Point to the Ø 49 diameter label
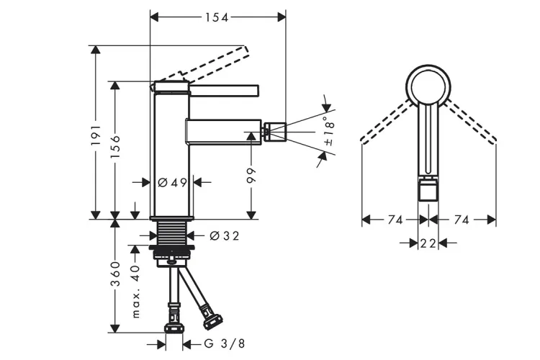coord(172,183)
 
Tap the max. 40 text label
coord(135,291)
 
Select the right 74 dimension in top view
coord(462,220)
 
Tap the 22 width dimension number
coord(428,243)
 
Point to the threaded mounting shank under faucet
coord(172,233)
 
